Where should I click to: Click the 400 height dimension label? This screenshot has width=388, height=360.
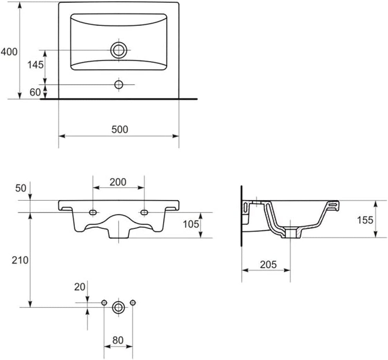click(9, 52)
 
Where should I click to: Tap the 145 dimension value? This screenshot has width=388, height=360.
click(35, 65)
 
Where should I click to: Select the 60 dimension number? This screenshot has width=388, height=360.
click(35, 92)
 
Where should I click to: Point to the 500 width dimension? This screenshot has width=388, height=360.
click(120, 129)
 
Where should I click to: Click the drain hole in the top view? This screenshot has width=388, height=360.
click(119, 50)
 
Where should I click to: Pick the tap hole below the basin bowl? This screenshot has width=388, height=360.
click(119, 85)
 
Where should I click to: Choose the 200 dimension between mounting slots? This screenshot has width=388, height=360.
click(118, 182)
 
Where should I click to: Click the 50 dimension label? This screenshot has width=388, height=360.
click(20, 188)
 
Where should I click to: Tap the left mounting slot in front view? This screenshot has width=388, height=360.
click(93, 212)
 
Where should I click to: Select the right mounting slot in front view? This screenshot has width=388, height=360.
click(144, 212)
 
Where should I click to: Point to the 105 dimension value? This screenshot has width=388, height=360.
click(191, 224)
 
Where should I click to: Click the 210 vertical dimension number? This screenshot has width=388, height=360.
click(20, 260)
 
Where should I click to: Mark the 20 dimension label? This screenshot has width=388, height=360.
click(80, 287)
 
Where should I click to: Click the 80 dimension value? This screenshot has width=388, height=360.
click(118, 341)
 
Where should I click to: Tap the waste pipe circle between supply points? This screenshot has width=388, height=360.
click(118, 308)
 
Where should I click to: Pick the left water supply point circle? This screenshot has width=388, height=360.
click(104, 303)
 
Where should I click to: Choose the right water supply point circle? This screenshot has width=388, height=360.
click(133, 303)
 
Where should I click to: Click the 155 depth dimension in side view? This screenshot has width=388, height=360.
click(365, 220)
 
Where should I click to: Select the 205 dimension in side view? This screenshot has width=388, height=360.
click(268, 265)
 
